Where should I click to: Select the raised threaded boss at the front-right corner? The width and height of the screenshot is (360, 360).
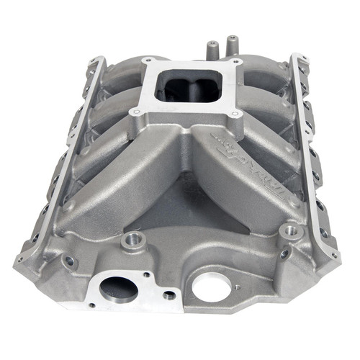point(292,231)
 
